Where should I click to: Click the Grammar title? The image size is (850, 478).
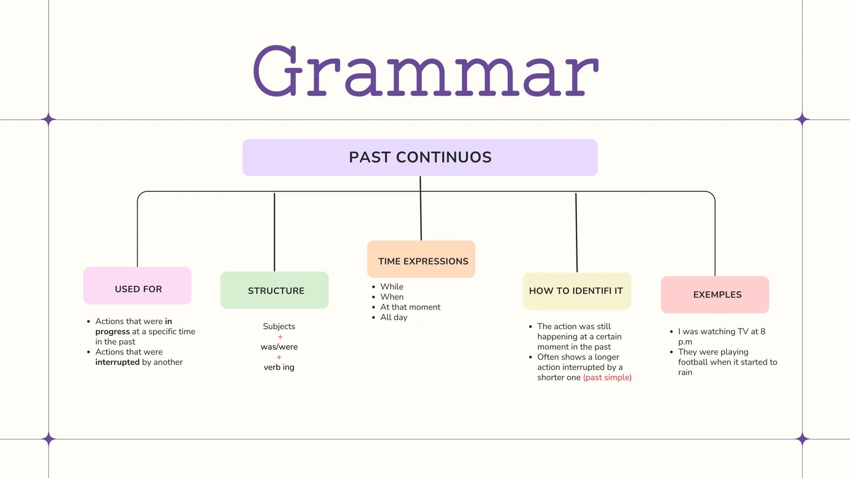[x=425, y=71]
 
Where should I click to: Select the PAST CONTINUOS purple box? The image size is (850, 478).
[x=420, y=158]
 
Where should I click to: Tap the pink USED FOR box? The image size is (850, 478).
[x=137, y=286]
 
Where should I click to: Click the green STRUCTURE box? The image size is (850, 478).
[x=274, y=290]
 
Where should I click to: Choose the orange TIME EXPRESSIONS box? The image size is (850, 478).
[x=421, y=259]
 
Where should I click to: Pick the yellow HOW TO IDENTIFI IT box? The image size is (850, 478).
[x=577, y=291]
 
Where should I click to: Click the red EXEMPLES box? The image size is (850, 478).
[x=714, y=295]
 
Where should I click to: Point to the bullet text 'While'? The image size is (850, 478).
[x=392, y=287]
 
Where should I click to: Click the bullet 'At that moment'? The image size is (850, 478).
[x=410, y=307]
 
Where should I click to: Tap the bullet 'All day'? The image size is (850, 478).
[x=393, y=317]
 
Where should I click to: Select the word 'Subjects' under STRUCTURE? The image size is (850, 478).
[x=279, y=327]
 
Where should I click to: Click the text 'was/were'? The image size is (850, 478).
[x=279, y=347]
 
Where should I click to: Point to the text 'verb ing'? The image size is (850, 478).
[x=279, y=367]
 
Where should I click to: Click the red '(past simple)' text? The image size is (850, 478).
[x=607, y=378]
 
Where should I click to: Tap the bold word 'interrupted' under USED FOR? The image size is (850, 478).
[x=117, y=362]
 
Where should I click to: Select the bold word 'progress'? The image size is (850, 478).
[x=113, y=332]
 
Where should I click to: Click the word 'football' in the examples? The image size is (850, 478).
[x=695, y=362]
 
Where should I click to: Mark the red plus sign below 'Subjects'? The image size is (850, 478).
[x=280, y=337]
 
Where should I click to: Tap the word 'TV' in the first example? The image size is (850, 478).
[x=742, y=332]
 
